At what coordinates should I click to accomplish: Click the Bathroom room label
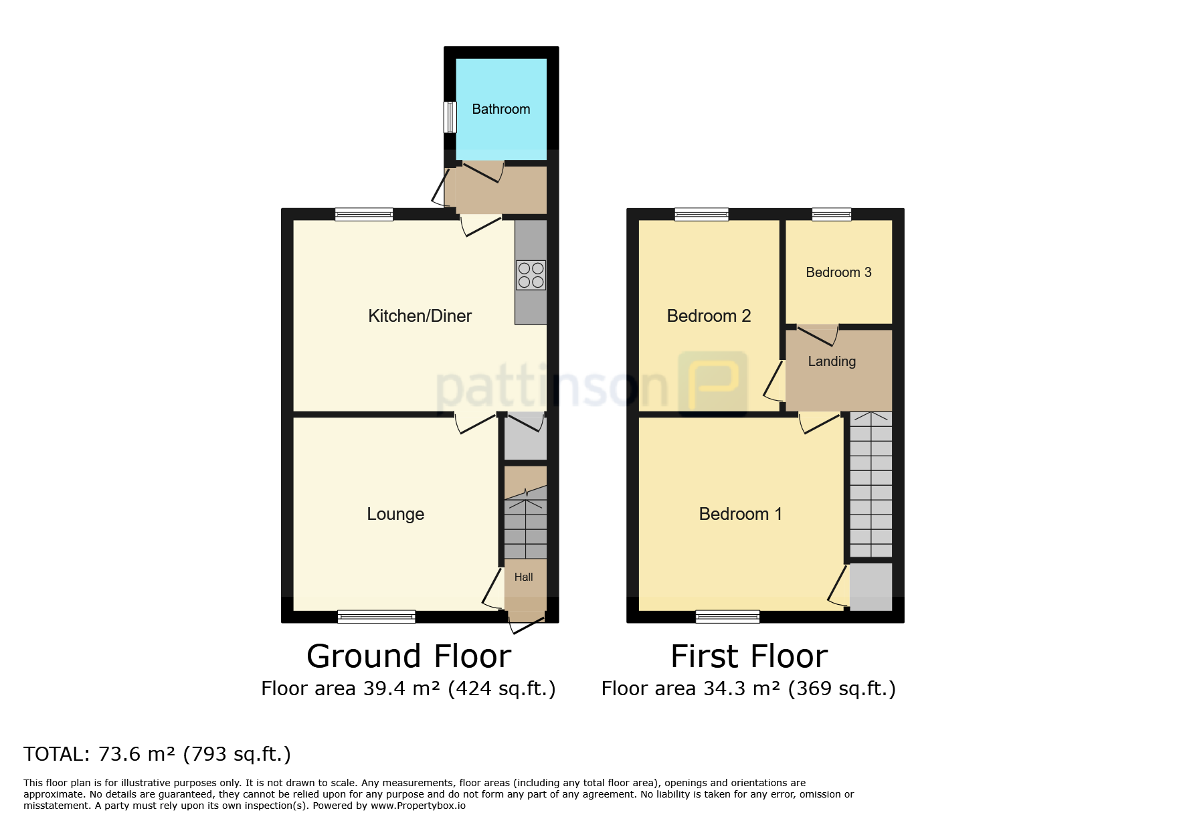pos(501,109)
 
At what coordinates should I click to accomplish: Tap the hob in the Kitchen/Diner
pos(531,275)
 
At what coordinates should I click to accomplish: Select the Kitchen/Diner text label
pos(420,316)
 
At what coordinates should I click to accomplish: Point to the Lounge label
pos(395,514)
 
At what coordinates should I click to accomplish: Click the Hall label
pos(524,577)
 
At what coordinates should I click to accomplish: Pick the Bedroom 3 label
pos(838,272)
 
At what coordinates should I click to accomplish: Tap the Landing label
pos(832,361)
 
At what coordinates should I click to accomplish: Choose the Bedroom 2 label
pos(709,316)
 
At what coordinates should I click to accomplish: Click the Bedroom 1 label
pos(740,514)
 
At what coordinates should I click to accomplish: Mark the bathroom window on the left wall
pos(450,117)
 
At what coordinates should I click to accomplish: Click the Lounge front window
pos(377,616)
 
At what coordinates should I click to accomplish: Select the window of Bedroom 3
pos(832,214)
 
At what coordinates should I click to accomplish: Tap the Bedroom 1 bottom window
pos(728,616)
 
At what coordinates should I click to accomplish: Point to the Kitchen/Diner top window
pos(364,214)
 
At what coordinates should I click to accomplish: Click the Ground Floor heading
pos(409,656)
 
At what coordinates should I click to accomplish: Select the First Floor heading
pos(749,656)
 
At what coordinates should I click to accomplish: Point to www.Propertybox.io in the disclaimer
pos(418,806)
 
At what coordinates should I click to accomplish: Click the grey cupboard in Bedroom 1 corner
pos(871,587)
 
